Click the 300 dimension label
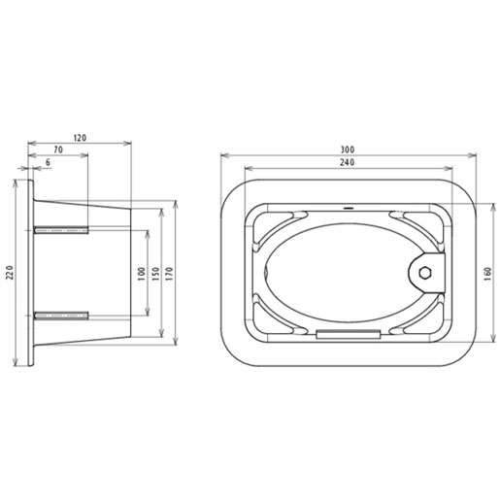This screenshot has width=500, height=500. point(348,149)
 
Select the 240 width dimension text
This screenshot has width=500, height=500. point(348,162)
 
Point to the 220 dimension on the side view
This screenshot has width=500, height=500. point(10,273)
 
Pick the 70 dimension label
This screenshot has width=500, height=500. point(57,150)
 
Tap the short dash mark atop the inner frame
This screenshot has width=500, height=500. point(348,209)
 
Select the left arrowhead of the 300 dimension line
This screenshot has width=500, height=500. point(223,154)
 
